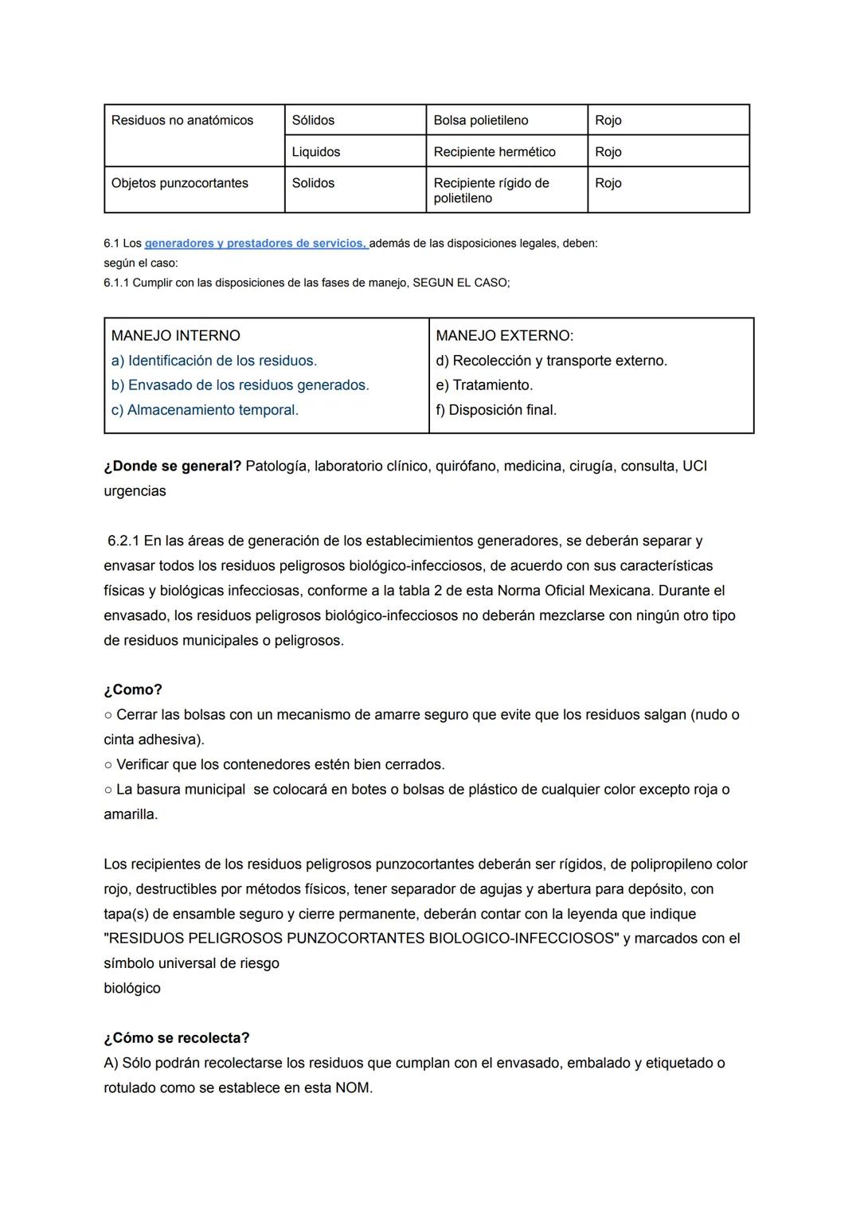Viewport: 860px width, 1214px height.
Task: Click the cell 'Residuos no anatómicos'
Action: point(182,120)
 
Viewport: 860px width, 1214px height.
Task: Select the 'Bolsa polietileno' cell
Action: point(481,120)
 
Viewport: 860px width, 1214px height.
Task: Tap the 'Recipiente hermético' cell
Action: point(494,152)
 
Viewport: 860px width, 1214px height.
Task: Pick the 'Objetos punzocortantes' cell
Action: point(180,183)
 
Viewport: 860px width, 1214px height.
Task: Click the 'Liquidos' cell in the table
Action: point(316,152)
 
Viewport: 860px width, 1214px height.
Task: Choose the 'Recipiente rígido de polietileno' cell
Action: point(491,190)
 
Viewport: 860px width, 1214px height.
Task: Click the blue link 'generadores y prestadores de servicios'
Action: point(255,244)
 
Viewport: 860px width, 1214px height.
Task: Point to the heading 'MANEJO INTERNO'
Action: point(176,336)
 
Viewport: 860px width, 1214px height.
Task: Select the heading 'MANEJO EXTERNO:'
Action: point(505,336)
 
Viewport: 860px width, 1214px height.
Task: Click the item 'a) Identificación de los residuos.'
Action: point(214,361)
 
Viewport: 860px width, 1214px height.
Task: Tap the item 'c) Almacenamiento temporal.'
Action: point(205,410)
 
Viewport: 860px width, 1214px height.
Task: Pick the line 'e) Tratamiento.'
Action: point(485,385)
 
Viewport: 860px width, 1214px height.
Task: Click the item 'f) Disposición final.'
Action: point(497,410)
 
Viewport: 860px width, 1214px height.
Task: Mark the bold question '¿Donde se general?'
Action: point(173,466)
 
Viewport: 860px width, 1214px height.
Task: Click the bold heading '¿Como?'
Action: point(133,689)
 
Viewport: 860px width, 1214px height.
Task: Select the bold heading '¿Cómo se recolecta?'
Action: point(177,1038)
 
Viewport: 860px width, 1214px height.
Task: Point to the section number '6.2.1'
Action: point(123,541)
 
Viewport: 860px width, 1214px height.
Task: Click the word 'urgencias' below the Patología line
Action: point(135,491)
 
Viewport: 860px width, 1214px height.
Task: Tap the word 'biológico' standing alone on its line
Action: point(132,989)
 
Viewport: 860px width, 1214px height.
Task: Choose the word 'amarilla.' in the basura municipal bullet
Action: point(131,814)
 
